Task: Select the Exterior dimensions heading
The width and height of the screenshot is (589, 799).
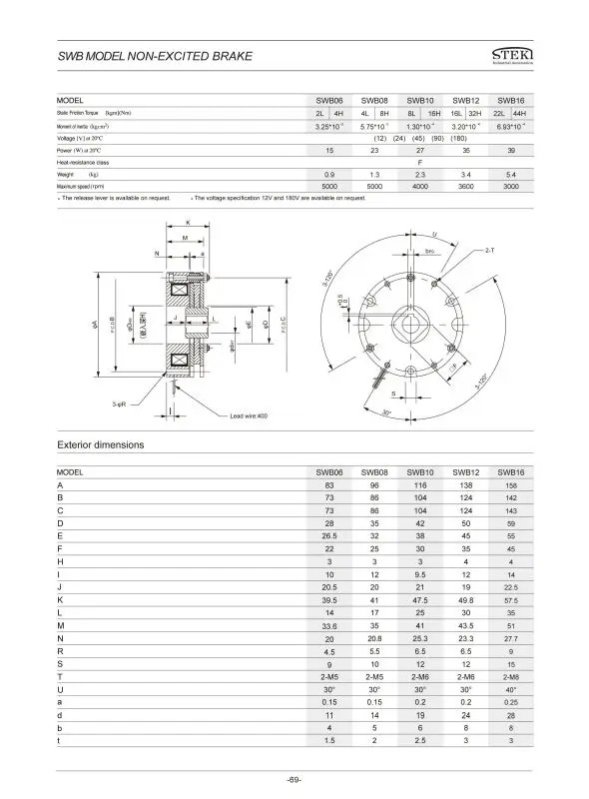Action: (100, 442)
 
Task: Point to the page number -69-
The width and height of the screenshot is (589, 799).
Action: (294, 778)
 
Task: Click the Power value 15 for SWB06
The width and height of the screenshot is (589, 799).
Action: (329, 150)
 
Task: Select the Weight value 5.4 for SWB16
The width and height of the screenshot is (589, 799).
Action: (510, 174)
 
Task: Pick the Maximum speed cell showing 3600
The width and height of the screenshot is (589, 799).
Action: (465, 186)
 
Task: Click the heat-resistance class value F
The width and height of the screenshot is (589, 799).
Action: (420, 162)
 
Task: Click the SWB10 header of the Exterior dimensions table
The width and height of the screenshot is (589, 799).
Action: (420, 471)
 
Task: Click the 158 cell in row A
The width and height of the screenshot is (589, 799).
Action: (510, 485)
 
